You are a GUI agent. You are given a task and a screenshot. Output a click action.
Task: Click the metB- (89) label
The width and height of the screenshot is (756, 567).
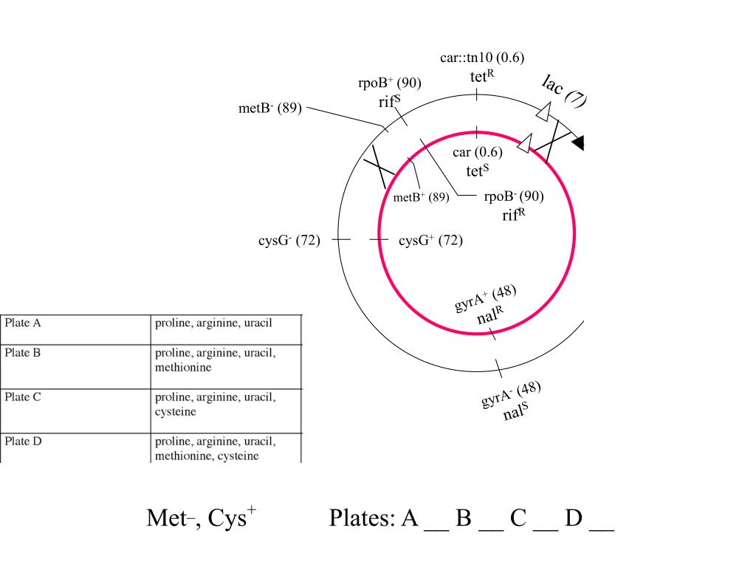(270, 108)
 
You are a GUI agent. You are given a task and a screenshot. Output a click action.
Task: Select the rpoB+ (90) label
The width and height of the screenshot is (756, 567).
(390, 83)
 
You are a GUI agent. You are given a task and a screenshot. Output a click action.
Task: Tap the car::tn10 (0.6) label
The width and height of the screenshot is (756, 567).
(482, 58)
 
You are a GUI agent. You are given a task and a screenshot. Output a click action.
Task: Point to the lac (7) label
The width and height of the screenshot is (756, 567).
(564, 91)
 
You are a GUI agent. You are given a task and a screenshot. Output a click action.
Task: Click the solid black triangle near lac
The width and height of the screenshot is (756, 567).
(579, 142)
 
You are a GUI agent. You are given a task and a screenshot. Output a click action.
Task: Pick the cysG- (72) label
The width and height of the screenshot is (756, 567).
(289, 240)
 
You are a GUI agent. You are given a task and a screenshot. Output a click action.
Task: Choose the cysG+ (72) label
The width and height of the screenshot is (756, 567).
(430, 240)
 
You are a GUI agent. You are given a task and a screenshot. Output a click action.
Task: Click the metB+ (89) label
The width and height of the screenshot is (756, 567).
(421, 197)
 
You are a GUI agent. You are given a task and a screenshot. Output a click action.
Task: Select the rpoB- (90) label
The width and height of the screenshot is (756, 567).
(514, 196)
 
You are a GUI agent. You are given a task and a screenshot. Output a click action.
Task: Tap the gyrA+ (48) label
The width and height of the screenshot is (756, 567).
(486, 298)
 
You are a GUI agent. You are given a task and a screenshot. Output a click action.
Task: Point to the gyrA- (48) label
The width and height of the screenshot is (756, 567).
(511, 395)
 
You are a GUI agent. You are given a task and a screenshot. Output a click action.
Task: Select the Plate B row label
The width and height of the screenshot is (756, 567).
(23, 353)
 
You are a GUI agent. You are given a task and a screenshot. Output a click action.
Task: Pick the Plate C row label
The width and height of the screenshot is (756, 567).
(23, 397)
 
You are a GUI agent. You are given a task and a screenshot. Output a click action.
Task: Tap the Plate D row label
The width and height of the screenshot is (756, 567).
(23, 441)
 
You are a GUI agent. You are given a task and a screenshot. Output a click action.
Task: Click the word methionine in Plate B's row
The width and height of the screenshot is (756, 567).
(183, 368)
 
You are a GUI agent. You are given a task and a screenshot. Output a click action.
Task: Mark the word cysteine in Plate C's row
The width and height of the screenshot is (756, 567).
(176, 412)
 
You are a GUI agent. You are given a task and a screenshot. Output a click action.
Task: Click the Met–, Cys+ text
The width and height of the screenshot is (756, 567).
(202, 518)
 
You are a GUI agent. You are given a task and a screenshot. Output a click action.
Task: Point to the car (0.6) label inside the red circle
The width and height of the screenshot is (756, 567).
(478, 152)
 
